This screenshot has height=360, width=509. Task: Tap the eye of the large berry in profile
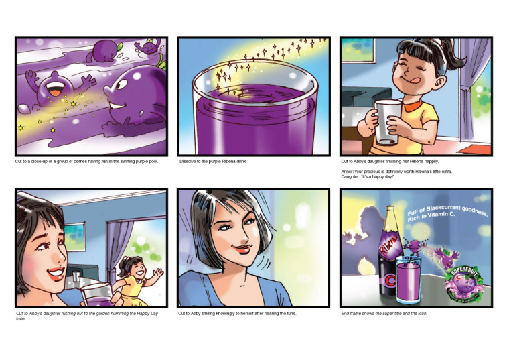tap(120, 85)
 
